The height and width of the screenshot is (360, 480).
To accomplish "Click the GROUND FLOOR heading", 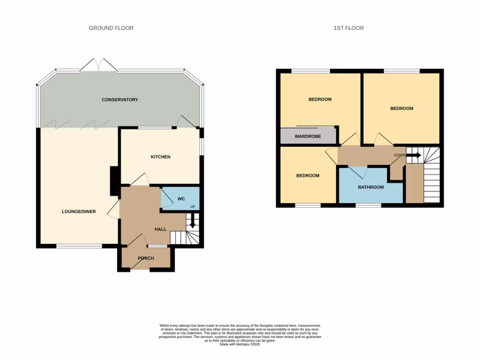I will click(111, 28).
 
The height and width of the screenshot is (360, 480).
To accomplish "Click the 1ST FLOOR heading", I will click(348, 28).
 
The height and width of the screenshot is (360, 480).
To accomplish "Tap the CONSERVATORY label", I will click(120, 100).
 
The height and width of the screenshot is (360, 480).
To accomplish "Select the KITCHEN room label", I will click(160, 157).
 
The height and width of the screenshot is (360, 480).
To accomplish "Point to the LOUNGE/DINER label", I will click(79, 212).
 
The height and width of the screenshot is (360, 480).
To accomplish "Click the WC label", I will click(180, 199).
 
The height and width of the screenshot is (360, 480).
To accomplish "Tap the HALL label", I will click(161, 229).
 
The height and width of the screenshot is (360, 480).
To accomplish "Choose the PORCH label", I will click(146, 258).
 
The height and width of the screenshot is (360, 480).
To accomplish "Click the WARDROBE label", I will click(307, 137).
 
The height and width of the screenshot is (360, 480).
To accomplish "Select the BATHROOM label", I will click(371, 187).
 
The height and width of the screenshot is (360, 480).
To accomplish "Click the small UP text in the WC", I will click(192, 207).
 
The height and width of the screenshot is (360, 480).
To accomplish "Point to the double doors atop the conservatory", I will click(98, 66).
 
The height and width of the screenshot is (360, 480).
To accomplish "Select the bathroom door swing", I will click(359, 172).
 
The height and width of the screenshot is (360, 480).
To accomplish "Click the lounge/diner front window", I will click(79, 246).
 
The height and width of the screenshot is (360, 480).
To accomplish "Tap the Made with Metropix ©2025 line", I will click(240, 345).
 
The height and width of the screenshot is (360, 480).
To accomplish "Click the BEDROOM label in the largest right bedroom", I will click(402, 108).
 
